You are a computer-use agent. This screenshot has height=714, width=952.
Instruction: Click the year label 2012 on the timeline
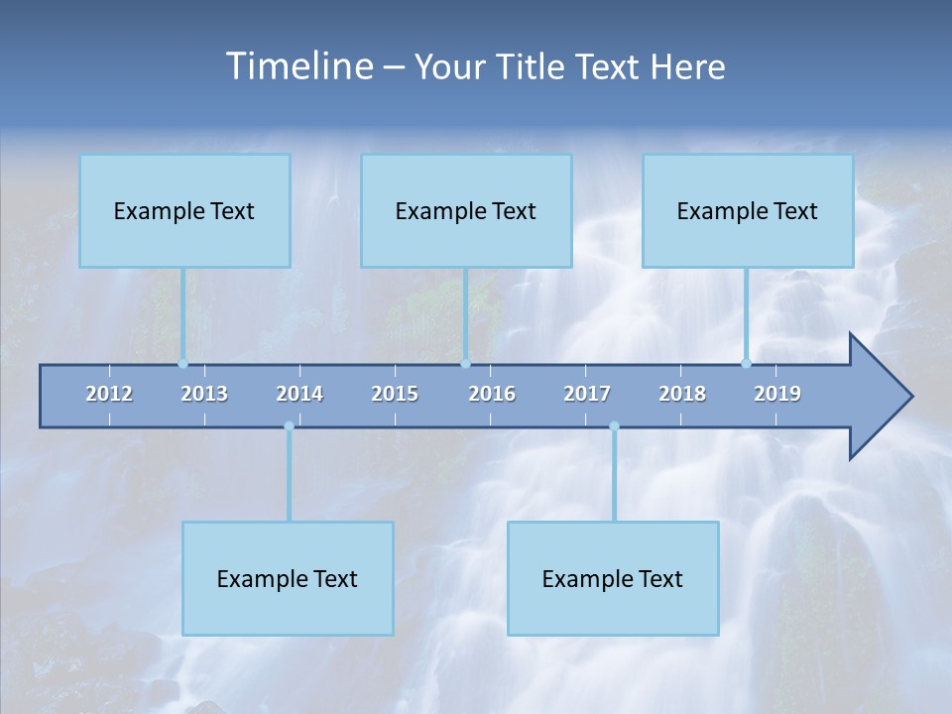pos(109,394)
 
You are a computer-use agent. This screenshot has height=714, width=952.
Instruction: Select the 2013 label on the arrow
pos(204,394)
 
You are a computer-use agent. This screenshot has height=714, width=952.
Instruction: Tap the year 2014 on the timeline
pos(299,394)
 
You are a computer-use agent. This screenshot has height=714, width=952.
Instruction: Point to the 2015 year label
pos(395,394)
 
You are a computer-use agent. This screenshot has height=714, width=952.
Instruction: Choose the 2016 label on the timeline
pos(492,394)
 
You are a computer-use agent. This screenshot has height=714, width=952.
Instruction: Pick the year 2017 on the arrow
pos(587,394)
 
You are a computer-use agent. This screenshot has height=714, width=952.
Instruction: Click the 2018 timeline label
pos(682,394)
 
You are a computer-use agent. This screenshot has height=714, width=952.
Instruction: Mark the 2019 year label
pos(777,394)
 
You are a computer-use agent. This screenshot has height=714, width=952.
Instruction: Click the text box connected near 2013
pos(184,210)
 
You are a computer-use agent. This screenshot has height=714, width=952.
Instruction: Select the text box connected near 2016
pos(466,210)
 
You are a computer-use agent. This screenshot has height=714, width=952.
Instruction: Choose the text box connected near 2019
pos(748,210)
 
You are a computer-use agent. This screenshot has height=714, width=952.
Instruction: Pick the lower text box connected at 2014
pos(288,578)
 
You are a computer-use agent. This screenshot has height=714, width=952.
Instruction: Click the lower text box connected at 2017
pos(613,578)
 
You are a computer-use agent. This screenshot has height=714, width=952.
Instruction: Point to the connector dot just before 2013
pos(182,363)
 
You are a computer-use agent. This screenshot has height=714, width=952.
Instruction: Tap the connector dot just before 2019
pos(746,363)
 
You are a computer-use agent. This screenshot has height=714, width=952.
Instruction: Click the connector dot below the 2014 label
pos(289,426)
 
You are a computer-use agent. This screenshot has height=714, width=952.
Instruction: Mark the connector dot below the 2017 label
pos(614,426)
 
